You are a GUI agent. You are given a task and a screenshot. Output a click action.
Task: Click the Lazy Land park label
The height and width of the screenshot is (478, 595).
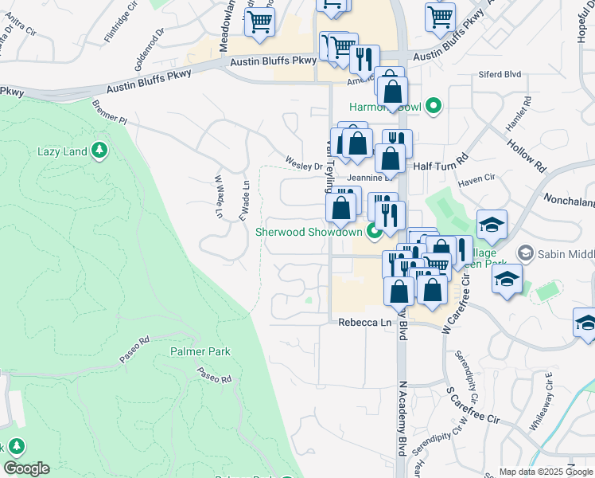pos(62,151)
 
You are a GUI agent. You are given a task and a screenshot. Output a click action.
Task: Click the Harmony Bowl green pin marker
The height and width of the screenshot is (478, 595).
pos(434,105)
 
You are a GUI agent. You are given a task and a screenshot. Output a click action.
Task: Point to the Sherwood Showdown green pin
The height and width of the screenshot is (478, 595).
pos(374,232)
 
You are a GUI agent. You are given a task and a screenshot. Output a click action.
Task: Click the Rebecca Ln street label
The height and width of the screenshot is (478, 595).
pos(365,323)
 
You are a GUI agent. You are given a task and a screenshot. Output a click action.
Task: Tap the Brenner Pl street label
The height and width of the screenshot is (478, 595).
pos(110,112)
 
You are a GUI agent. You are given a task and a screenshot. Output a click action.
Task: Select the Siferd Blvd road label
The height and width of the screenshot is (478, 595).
pos(500,74)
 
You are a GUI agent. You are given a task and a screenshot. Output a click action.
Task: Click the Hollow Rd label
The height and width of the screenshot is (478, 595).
pos(527,152)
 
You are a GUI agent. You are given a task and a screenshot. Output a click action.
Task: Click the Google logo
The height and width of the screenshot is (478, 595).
pos(26,468)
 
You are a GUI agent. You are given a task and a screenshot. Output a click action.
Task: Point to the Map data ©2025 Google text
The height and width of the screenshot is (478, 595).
pos(545,472)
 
